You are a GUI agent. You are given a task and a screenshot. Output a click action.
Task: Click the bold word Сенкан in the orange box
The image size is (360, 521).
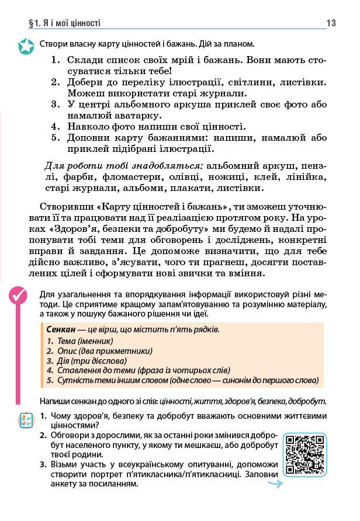click(60, 329)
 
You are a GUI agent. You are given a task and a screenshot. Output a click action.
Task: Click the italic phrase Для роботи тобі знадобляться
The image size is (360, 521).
click(123, 165)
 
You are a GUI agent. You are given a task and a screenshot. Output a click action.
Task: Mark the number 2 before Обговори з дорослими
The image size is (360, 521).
click(44, 436)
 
